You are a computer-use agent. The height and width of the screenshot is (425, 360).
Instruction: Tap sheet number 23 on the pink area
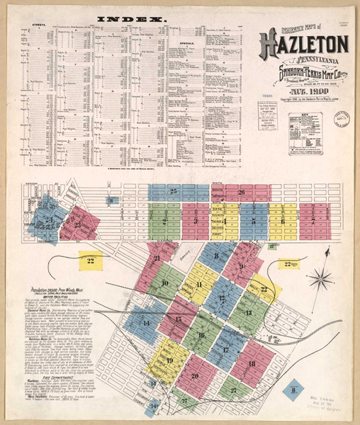[x=78, y=225]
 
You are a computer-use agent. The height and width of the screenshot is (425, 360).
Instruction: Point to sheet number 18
[x=252, y=363]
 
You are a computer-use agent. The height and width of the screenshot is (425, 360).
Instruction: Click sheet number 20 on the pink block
[x=193, y=376]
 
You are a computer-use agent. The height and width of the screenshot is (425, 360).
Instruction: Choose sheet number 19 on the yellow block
[x=169, y=361]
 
